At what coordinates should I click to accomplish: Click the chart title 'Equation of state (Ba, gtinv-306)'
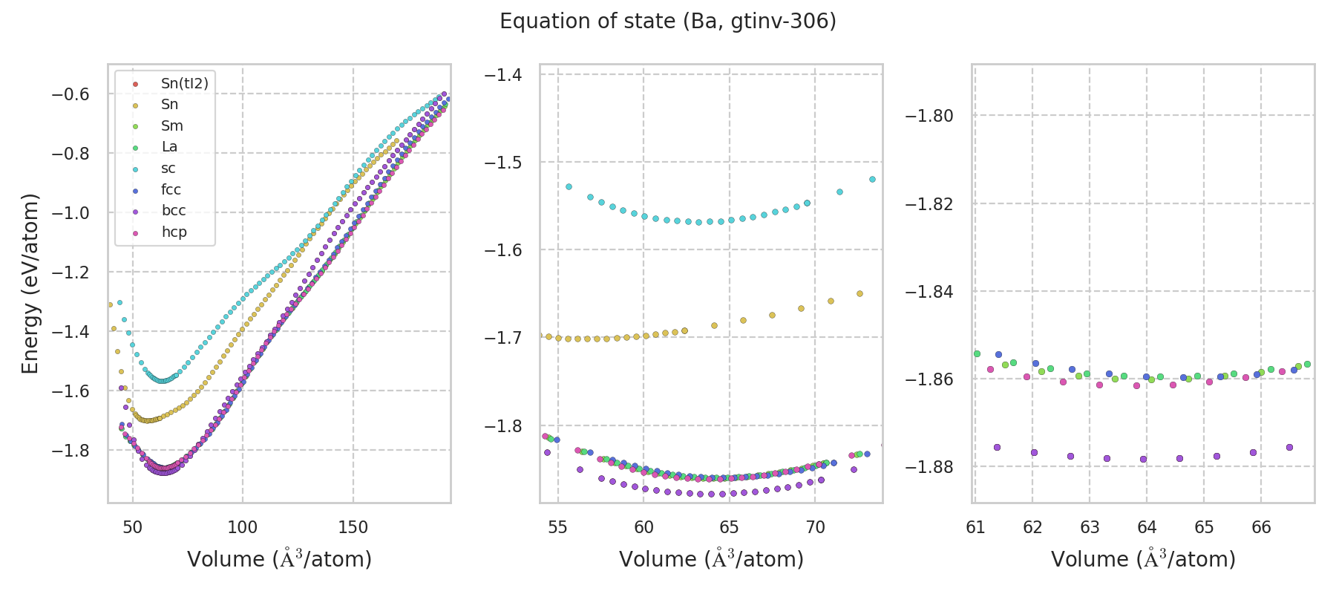coord(668,22)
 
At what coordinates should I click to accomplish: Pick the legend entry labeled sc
coord(168,169)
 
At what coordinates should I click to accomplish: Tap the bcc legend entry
coord(174,211)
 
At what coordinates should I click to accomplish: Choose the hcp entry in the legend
coord(174,232)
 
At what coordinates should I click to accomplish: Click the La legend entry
coord(169,147)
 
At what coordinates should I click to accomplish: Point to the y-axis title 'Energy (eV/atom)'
coord(30,283)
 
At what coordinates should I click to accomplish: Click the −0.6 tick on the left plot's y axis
coord(70,94)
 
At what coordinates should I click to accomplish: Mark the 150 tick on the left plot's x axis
coord(353,527)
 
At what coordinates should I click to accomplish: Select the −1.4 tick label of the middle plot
coord(503,75)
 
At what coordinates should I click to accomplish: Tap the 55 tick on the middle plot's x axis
coord(557,527)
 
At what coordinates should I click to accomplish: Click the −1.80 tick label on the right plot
coord(929,116)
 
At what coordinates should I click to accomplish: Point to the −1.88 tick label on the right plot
coord(929,467)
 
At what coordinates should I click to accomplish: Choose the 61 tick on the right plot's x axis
coord(975,527)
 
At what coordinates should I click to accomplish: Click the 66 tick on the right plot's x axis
coord(1261,527)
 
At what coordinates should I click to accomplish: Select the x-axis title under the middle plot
coord(711,559)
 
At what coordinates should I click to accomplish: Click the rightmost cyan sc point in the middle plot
coord(872,179)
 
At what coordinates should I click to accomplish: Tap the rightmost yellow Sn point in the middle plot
coord(859,294)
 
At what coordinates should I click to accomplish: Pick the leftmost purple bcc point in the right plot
coord(997,447)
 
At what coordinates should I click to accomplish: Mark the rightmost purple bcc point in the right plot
coord(1289,447)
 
